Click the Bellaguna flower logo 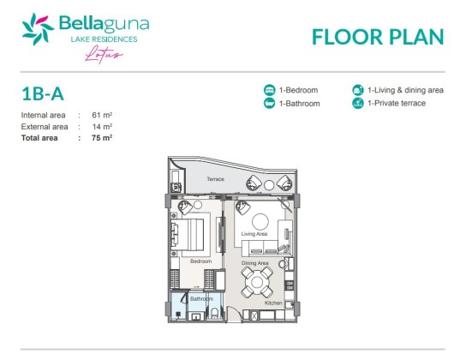click(38, 29)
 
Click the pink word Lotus click(104, 54)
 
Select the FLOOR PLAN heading click(378, 37)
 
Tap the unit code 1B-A click(43, 94)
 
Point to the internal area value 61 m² click(102, 115)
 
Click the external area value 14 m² click(102, 127)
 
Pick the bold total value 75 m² click(102, 138)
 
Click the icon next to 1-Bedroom click(270, 90)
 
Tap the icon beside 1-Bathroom click(270, 103)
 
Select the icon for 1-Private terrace click(358, 103)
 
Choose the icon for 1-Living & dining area click(358, 90)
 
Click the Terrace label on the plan click(216, 179)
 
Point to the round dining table click(257, 282)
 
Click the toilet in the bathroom click(214, 314)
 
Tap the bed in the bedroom click(188, 235)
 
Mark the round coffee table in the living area click(260, 221)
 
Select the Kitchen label click(273, 303)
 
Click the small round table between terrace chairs click(269, 185)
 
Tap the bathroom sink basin click(196, 317)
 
